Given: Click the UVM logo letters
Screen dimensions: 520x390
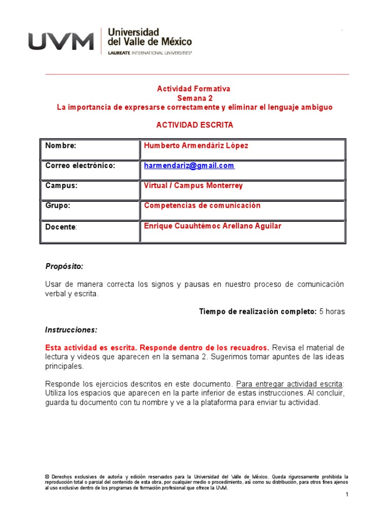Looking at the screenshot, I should click(x=61, y=41).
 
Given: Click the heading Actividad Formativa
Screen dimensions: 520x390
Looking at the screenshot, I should click(x=193, y=89).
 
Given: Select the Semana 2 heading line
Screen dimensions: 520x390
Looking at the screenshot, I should click(x=195, y=98).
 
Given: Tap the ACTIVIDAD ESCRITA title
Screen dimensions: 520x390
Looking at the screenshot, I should click(x=194, y=124).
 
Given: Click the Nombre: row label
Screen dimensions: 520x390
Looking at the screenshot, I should click(x=61, y=146).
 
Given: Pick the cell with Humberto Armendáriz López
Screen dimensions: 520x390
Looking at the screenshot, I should click(x=196, y=146).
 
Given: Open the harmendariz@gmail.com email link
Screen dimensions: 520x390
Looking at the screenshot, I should click(x=189, y=166).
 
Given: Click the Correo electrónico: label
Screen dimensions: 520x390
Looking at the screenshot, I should click(x=80, y=166).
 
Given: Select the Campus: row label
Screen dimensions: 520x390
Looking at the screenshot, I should click(x=61, y=186).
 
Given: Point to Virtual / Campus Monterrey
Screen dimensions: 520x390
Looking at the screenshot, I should click(x=193, y=186).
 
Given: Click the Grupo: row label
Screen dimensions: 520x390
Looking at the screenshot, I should click(x=58, y=206).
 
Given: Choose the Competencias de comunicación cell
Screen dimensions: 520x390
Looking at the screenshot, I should click(x=202, y=206).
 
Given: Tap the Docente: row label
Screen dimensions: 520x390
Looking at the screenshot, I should click(x=61, y=226).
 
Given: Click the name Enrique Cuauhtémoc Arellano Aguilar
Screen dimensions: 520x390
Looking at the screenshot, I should click(x=212, y=226).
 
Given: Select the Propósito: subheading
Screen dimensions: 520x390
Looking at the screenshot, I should click(x=64, y=266).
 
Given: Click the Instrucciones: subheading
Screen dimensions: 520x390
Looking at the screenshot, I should click(x=71, y=330).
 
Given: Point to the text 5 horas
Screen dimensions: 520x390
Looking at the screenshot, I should click(x=332, y=311).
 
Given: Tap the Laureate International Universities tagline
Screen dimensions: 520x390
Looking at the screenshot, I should click(x=150, y=52).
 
